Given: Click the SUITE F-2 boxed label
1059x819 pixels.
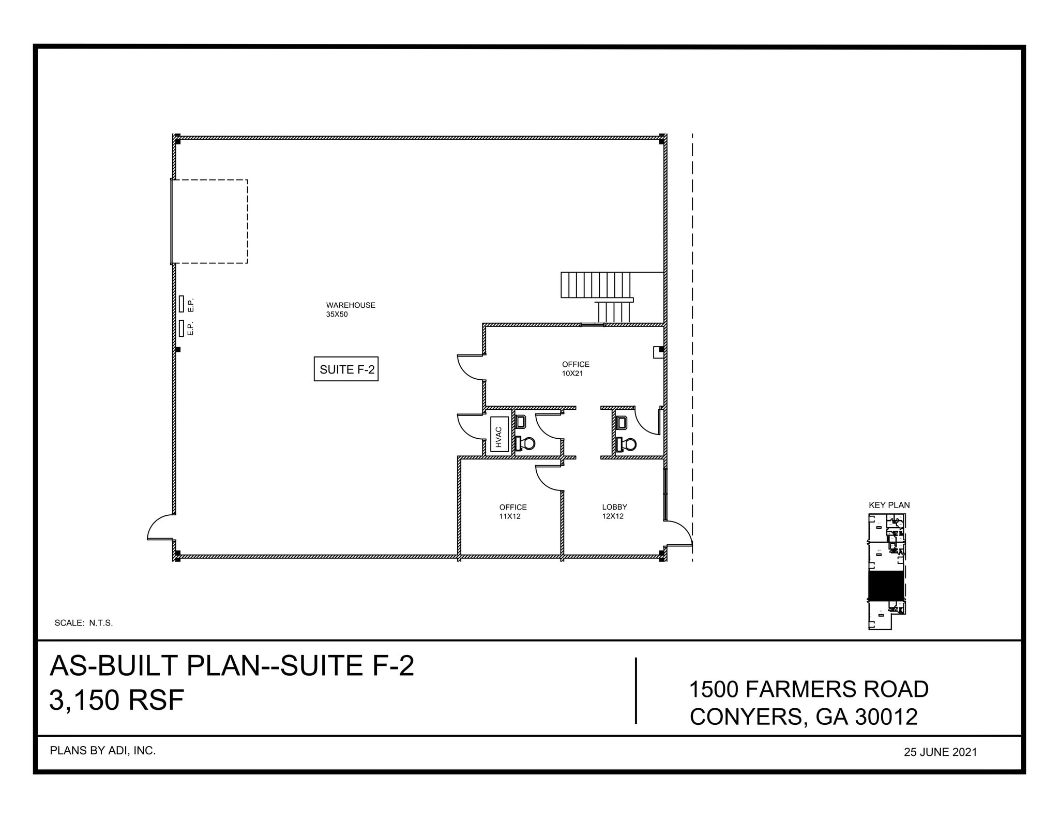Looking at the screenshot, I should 346,369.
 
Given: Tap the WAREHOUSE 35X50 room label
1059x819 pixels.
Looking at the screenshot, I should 350,309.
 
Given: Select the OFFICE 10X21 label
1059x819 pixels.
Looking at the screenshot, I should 575,368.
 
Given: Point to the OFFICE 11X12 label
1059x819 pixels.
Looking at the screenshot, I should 512,511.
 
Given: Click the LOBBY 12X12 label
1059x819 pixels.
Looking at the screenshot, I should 614,511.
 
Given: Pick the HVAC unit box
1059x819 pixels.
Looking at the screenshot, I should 499,434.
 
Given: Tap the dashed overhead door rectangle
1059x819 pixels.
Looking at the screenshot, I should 210,221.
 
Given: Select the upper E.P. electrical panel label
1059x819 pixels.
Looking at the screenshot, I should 190,305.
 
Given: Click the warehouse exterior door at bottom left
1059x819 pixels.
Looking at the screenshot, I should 160,528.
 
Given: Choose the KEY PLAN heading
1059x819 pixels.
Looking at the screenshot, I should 889,505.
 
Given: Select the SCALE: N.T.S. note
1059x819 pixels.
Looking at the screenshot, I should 83,623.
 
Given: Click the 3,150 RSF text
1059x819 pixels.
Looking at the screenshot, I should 116,701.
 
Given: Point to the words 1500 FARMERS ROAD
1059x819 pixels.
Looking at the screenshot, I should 809,689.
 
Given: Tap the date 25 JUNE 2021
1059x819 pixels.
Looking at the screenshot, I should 940,752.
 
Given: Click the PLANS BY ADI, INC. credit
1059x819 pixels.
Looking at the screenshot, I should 102,751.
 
